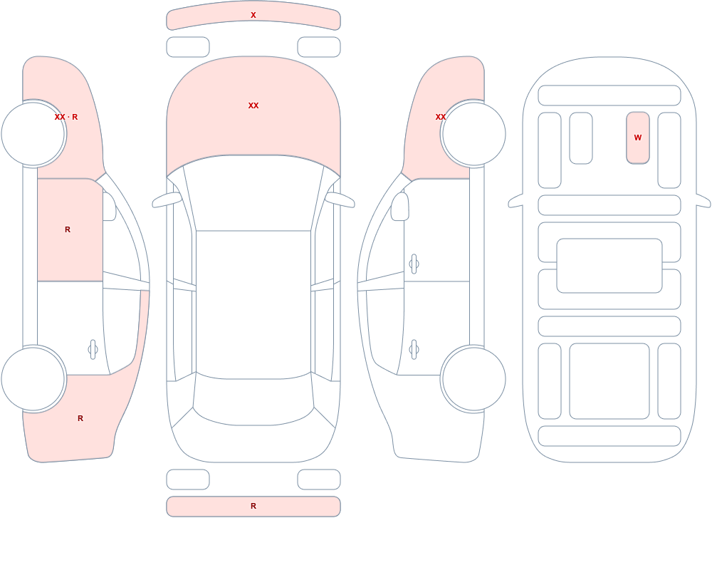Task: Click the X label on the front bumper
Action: (x=253, y=15)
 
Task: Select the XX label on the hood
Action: (x=253, y=105)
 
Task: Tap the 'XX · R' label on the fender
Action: (x=66, y=117)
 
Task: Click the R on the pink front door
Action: (x=68, y=229)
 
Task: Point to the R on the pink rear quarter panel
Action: (x=80, y=418)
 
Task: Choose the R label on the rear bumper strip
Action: (x=253, y=506)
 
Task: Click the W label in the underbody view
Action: (x=638, y=138)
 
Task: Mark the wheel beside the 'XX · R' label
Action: (x=33, y=134)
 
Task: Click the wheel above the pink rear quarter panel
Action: (x=33, y=379)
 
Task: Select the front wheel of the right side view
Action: (x=473, y=134)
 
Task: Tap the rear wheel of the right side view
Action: (x=473, y=379)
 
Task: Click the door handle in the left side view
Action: (x=93, y=350)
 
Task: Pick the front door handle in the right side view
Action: (x=414, y=264)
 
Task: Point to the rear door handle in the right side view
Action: (x=414, y=350)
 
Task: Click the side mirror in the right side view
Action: (x=400, y=207)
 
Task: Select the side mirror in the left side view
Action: (x=109, y=207)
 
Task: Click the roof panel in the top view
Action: (x=253, y=304)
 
